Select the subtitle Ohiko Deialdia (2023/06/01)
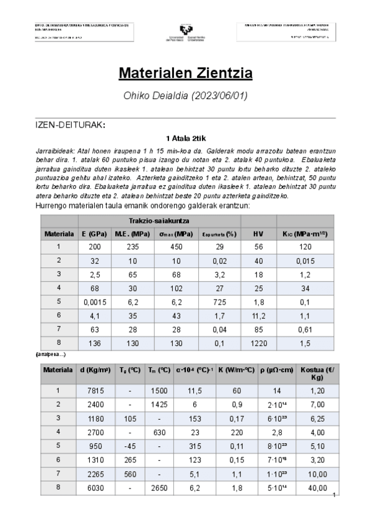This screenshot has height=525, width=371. coord(185,95)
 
